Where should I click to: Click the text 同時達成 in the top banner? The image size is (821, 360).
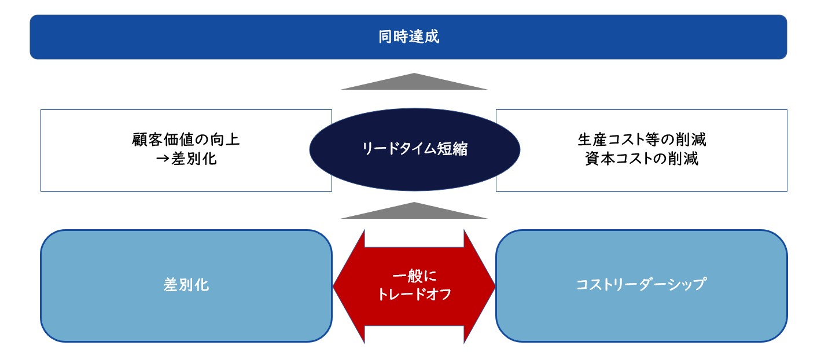(x=408, y=36)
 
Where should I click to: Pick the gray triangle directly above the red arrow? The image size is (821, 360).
(x=414, y=211)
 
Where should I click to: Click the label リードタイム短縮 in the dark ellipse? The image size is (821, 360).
(x=414, y=149)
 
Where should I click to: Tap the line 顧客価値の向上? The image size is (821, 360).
(x=186, y=139)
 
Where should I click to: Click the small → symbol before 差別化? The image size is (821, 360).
(x=163, y=159)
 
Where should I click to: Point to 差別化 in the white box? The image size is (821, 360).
(x=194, y=159)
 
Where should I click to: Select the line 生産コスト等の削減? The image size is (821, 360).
(x=642, y=139)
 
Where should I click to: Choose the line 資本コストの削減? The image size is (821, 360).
(x=642, y=159)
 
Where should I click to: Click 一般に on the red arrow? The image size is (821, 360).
(x=414, y=276)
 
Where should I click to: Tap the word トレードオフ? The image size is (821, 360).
(x=414, y=294)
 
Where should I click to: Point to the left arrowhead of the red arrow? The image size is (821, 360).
(x=349, y=286)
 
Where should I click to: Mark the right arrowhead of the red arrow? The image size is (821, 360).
(x=480, y=286)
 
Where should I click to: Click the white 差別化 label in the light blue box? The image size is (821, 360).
(x=186, y=285)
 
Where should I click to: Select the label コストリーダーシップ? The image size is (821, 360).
(x=642, y=285)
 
